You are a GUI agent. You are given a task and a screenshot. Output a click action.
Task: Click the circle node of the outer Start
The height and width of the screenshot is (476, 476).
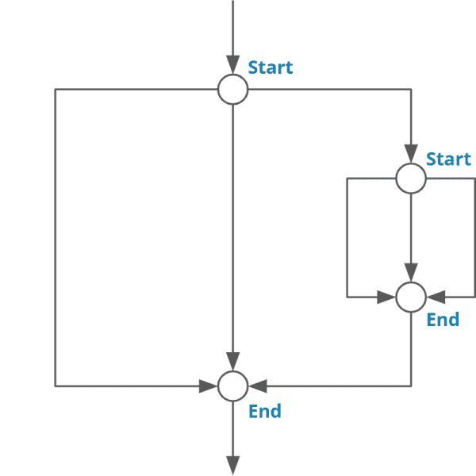[x=232, y=90]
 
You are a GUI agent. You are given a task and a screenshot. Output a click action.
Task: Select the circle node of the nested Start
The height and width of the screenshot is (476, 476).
[x=411, y=178]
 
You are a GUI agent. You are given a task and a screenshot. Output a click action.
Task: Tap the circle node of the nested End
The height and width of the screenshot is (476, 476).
[x=411, y=297]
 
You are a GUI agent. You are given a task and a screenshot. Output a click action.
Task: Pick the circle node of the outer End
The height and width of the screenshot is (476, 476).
[x=232, y=386]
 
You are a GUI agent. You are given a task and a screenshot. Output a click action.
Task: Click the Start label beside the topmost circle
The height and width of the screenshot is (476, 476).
[x=271, y=67]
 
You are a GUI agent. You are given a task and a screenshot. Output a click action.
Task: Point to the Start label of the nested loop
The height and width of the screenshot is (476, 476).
[x=448, y=159]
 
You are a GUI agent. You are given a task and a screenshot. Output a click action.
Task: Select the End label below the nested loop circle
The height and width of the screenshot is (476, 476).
[x=443, y=320]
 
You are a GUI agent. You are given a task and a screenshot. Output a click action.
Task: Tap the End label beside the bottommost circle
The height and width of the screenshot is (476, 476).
[x=265, y=411]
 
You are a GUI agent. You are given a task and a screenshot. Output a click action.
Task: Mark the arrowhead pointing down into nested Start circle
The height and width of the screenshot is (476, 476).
[x=411, y=154]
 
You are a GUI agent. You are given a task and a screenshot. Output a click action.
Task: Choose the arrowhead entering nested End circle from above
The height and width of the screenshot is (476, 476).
[x=411, y=272]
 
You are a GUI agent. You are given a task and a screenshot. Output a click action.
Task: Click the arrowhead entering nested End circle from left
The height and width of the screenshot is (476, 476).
[x=386, y=297]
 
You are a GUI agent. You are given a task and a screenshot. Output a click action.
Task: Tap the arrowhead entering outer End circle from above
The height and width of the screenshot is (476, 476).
[x=232, y=361]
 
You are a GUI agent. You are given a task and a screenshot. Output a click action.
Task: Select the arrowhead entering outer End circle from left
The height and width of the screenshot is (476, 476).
[x=208, y=386]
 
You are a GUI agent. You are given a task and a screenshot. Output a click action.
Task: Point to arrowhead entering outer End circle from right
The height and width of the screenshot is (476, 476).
[x=258, y=386]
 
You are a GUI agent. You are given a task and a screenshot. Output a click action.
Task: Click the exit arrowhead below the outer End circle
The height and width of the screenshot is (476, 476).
[x=232, y=466]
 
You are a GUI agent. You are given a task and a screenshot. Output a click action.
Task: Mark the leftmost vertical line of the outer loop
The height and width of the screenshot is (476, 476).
[x=55, y=238]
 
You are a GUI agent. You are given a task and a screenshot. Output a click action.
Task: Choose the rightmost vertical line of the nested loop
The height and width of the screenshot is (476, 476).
[x=474, y=238]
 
